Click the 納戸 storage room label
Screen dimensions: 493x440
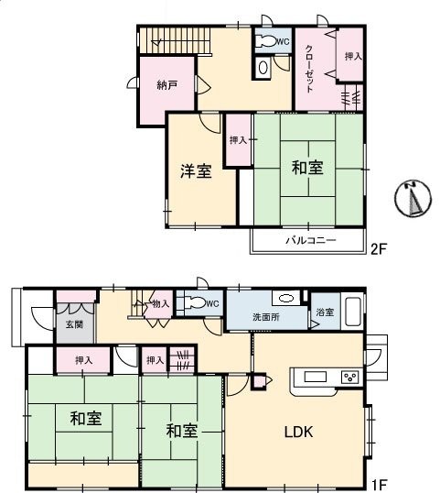click(166, 86)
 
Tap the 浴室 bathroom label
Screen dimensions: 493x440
click(325, 312)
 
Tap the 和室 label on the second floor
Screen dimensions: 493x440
click(307, 168)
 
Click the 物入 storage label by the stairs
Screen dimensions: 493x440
click(161, 303)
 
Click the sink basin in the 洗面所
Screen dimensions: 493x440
click(284, 298)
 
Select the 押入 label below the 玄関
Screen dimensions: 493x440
click(83, 361)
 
